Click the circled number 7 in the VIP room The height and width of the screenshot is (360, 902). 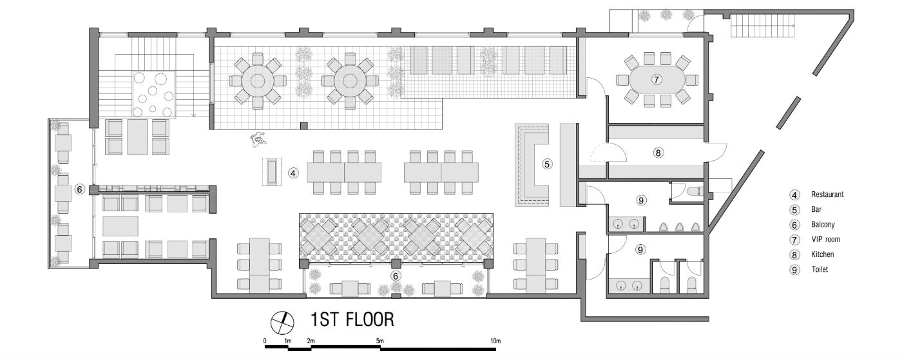click(657, 80)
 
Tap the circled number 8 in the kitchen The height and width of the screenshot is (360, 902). click(658, 153)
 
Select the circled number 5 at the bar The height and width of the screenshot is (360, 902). click(546, 164)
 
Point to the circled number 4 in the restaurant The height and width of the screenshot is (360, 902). click(293, 173)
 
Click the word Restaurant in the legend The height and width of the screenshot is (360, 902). click(827, 194)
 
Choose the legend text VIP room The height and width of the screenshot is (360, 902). click(826, 239)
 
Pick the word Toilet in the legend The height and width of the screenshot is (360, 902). click(820, 269)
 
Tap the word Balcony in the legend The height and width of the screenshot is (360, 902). click(823, 224)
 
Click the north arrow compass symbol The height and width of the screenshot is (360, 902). click(282, 323)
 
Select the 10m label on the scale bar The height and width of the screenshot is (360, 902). click(495, 341)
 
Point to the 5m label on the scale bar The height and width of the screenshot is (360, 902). click(379, 341)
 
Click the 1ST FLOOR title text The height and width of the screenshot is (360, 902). click(352, 319)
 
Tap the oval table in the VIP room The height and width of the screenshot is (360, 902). click(657, 80)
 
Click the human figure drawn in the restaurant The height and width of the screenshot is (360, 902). click(258, 139)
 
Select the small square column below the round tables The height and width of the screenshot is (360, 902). click(305, 125)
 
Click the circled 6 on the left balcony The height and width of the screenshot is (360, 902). click(80, 189)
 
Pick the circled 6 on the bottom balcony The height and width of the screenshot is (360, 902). click(396, 276)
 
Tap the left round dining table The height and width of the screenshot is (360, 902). click(257, 81)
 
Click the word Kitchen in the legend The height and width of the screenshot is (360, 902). click(822, 254)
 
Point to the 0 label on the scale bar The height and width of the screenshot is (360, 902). click(265, 341)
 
